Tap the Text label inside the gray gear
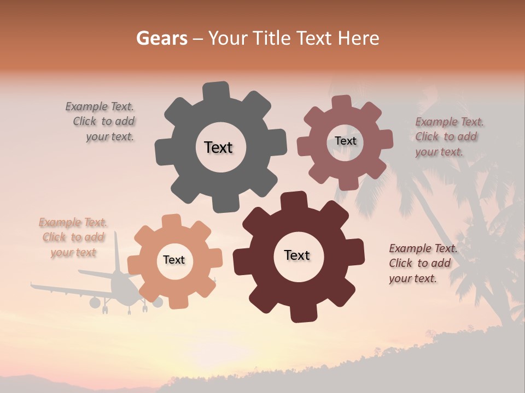218,147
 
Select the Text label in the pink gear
345,141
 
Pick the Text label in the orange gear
174,260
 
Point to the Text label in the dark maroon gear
297,255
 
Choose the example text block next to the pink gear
448,136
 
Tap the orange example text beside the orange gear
73,237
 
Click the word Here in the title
358,38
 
